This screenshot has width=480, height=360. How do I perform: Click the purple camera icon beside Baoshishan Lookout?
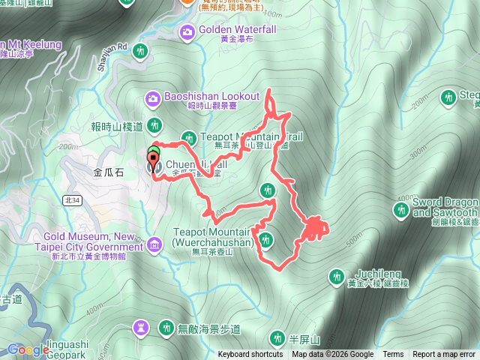(152, 97)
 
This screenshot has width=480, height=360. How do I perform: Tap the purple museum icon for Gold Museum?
(155, 243)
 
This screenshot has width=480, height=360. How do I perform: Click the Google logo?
(28, 349)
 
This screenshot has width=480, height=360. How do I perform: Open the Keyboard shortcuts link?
(250, 355)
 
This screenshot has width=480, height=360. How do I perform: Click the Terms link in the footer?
(393, 355)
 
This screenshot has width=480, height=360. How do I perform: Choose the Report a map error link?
(443, 355)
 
